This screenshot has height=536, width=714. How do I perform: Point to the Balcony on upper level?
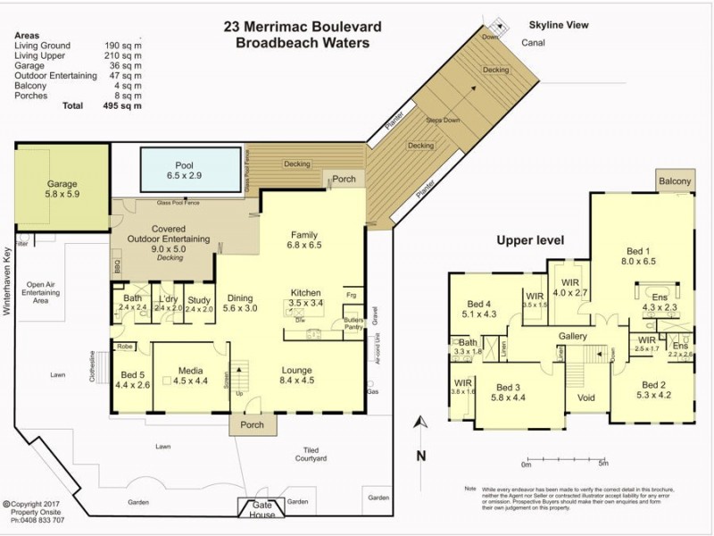pyautogui.click(x=675, y=181)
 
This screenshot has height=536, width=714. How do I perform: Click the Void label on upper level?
pyautogui.click(x=586, y=398)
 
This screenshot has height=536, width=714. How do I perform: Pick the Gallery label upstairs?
pyautogui.click(x=571, y=335)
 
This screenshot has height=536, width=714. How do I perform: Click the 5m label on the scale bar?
pyautogui.click(x=603, y=464)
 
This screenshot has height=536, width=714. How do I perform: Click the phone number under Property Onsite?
pyautogui.click(x=33, y=519)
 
